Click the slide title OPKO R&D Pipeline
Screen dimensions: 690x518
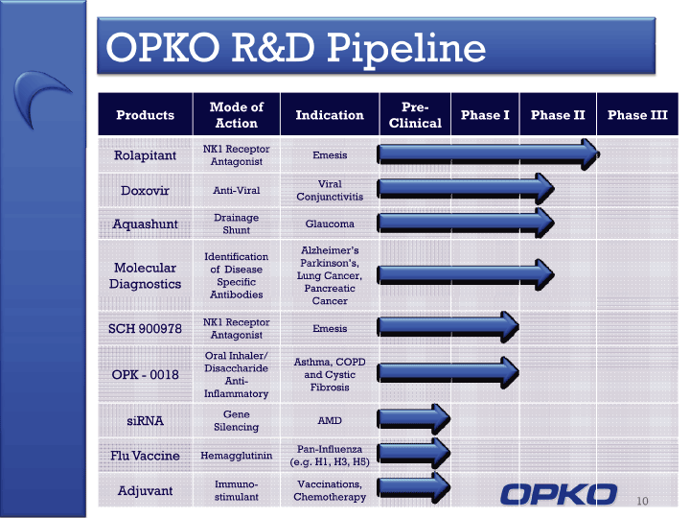(296, 48)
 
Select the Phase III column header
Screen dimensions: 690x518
(637, 115)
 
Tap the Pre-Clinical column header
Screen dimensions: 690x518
(415, 115)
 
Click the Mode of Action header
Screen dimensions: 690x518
(237, 115)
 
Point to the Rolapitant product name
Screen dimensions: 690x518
(146, 155)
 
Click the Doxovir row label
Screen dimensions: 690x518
(146, 190)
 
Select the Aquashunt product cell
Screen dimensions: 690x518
(146, 224)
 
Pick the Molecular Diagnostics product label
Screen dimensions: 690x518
(146, 275)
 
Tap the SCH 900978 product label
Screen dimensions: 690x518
(146, 329)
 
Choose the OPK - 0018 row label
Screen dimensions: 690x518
(146, 375)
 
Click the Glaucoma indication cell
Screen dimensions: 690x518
(330, 224)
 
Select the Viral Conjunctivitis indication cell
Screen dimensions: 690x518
(330, 190)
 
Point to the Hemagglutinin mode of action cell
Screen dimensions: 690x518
(237, 456)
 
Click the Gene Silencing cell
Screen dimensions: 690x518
(237, 421)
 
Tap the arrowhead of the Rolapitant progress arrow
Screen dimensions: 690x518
(589, 154)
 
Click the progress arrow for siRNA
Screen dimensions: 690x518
(414, 418)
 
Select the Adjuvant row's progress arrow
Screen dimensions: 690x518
(414, 487)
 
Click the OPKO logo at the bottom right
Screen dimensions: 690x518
(559, 494)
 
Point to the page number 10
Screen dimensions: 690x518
(642, 501)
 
